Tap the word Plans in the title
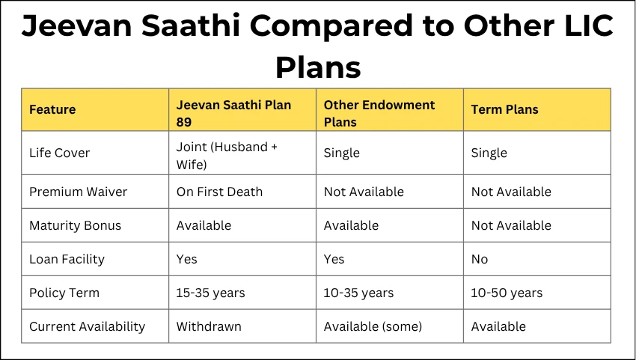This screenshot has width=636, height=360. tap(318, 67)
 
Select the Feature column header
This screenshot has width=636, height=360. tap(52, 110)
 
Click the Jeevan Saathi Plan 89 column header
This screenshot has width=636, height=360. tap(233, 111)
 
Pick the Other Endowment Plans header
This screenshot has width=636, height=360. tap(379, 113)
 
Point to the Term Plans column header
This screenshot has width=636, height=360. tap(504, 110)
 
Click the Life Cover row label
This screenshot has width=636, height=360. tap(59, 153)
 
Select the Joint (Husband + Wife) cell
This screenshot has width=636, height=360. tap(227, 154)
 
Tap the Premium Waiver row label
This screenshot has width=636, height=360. tap(78, 192)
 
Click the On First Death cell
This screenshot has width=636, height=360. tap(219, 192)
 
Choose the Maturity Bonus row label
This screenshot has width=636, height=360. tap(75, 225)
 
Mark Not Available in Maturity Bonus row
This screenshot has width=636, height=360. tap(510, 225)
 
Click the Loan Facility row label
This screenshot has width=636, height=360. tap(67, 259)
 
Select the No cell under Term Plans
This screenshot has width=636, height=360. tap(479, 259)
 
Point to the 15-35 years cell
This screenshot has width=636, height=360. tap(210, 293)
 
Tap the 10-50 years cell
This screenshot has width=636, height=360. tap(507, 293)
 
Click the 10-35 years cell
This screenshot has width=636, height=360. tap(358, 293)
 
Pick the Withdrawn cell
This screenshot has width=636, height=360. tap(209, 326)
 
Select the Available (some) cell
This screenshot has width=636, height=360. tap(373, 326)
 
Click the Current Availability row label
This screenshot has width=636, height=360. tap(87, 326)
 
